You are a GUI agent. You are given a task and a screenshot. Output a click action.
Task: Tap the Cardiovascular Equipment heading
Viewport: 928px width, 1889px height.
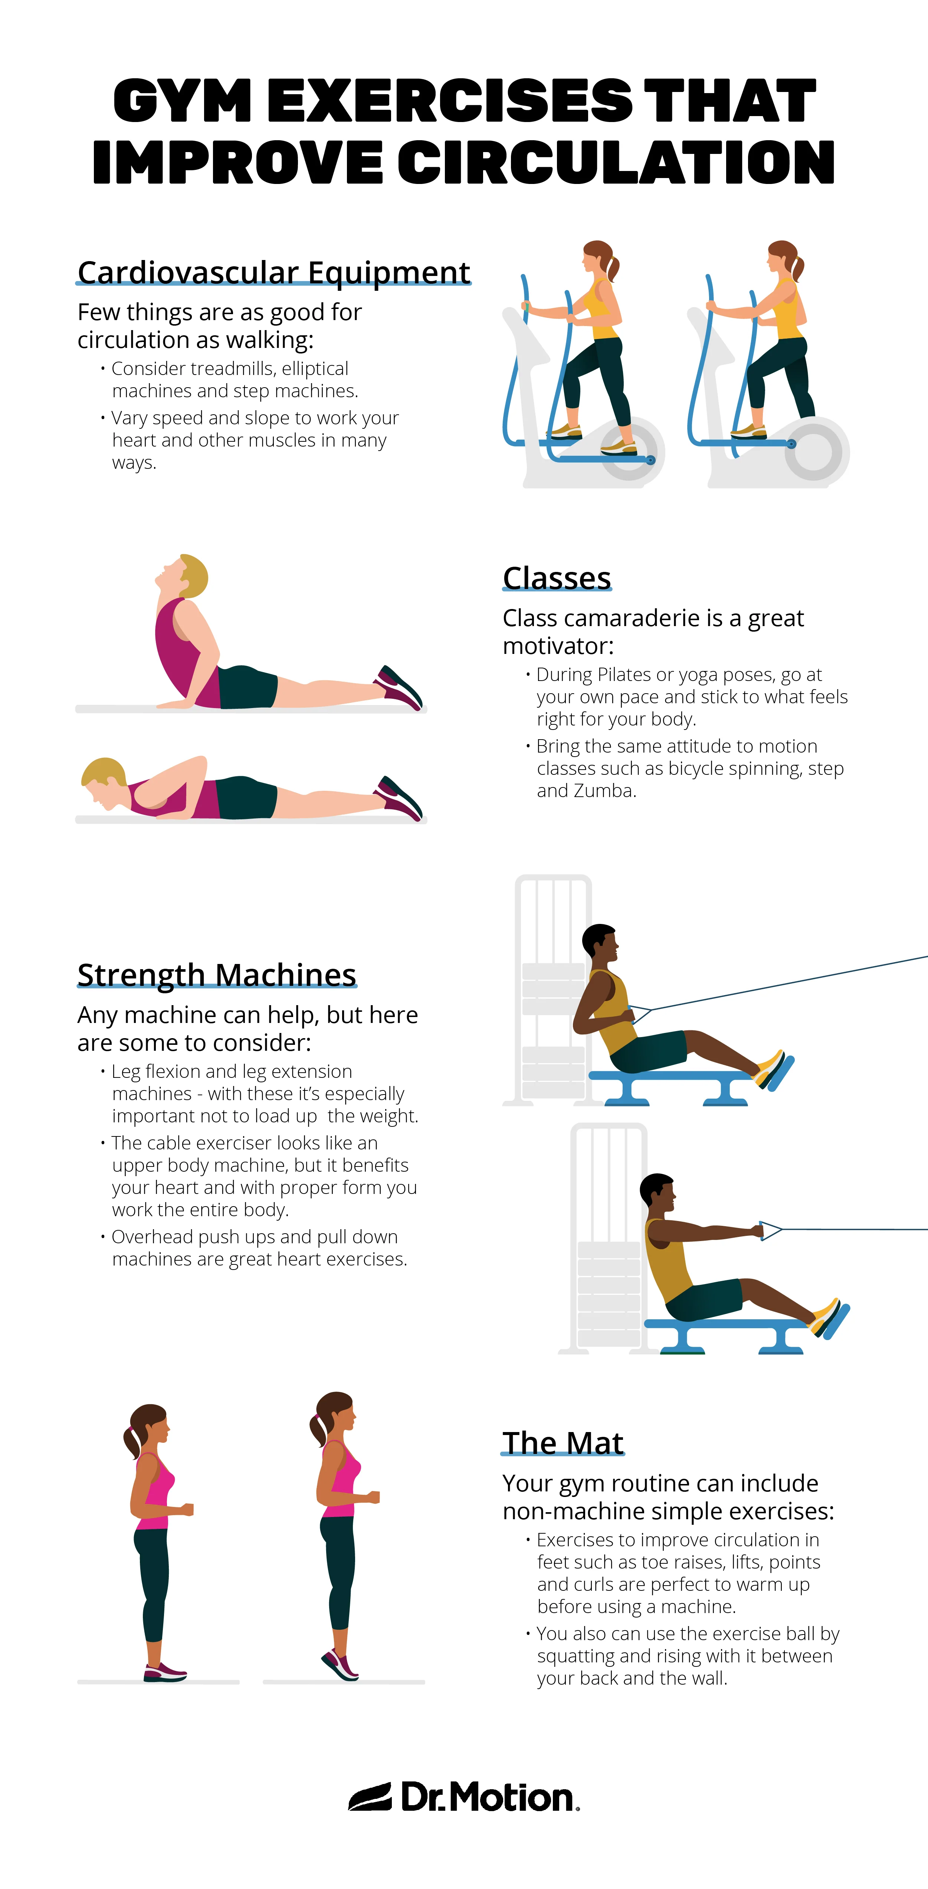pos(273,272)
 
